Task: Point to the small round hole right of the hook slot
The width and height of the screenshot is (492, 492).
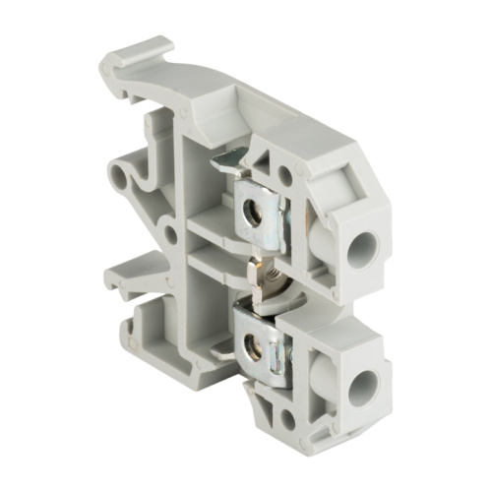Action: point(169,235)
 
